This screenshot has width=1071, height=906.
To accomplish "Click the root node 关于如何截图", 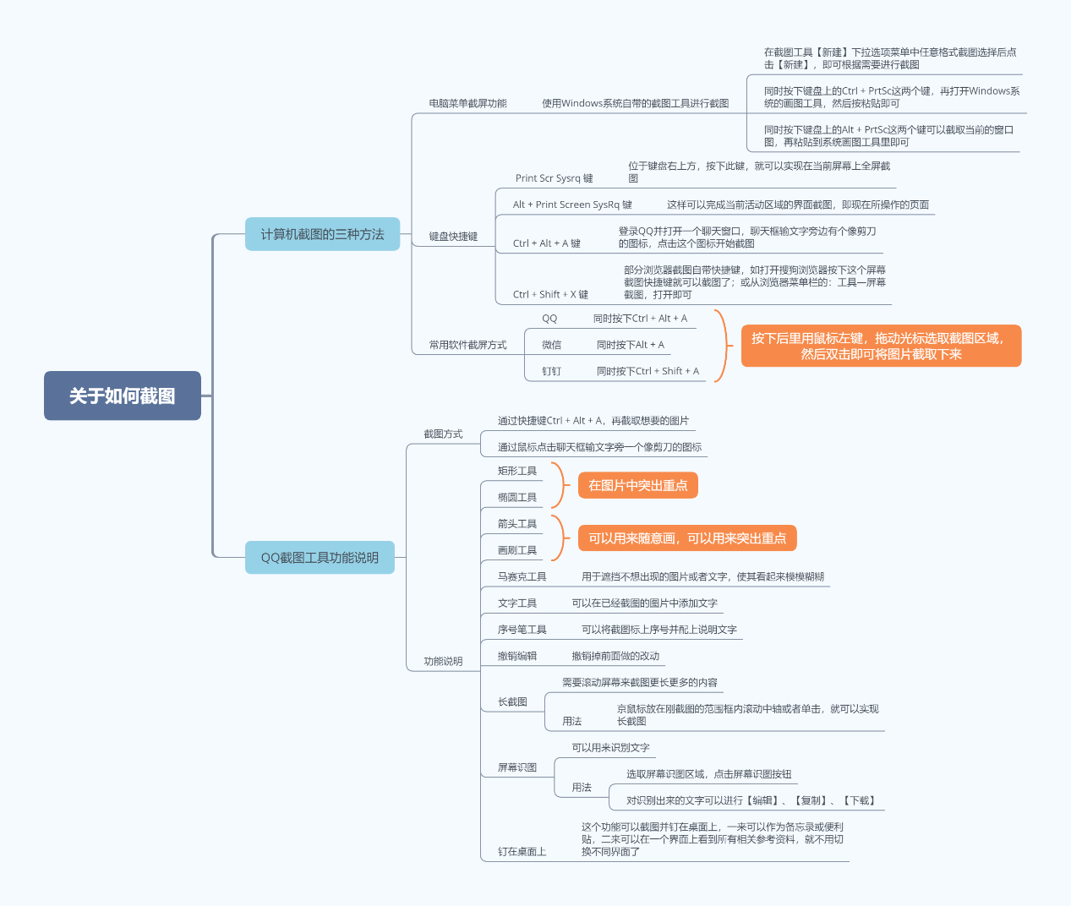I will point(123,396).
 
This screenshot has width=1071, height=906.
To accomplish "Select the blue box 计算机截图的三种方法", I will point(322,234).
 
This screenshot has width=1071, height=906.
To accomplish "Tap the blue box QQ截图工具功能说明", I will point(320,558).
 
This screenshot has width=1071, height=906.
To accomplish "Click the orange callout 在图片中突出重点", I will point(637,485).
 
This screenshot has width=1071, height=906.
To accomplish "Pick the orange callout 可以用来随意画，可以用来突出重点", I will point(687,538).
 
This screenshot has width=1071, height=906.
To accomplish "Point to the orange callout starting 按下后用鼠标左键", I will point(881,346).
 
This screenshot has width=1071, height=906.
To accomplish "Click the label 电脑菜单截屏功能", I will point(467,104).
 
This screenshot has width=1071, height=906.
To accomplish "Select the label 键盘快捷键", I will point(453,237).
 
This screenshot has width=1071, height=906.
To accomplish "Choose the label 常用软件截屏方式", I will point(467,345).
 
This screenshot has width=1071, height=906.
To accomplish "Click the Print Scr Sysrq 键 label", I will point(554,178).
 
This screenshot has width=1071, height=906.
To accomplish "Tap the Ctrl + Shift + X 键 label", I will point(550,295).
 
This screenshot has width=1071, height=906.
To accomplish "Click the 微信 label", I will point(552,345).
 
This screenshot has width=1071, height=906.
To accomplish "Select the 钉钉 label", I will point(552,371).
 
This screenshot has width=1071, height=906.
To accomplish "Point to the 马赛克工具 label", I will point(522,577).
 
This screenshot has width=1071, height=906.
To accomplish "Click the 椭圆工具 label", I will point(517,498).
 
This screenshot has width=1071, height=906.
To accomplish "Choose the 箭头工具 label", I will point(517,524).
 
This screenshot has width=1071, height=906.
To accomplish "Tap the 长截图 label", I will point(512,702).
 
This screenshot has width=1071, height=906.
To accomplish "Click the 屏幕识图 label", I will point(517,768).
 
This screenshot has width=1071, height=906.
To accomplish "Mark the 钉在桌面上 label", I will point(522,852).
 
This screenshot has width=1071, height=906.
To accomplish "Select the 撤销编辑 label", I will point(517,657).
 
